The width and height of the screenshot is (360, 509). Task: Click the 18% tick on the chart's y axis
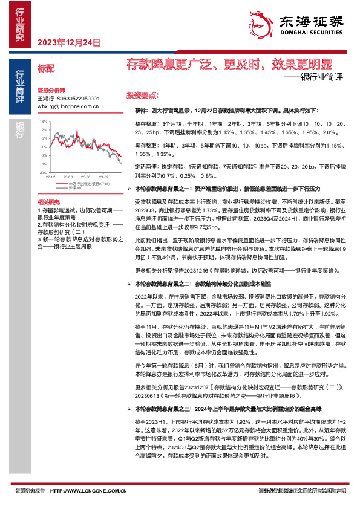pos(43,122)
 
